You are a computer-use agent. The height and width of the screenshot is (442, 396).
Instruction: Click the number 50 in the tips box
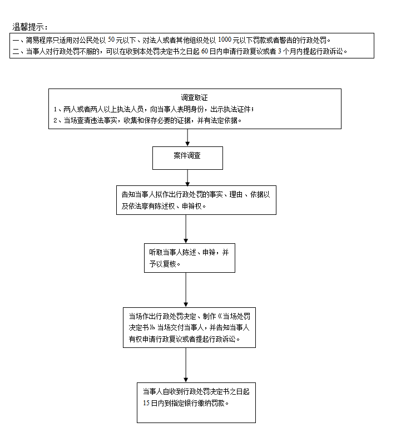(111, 40)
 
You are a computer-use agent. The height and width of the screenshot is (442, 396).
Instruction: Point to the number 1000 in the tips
(225, 40)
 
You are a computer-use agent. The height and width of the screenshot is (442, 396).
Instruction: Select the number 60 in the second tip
(205, 51)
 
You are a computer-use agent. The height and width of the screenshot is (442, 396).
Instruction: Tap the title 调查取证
(194, 97)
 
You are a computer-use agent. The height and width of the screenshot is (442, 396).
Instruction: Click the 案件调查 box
(187, 158)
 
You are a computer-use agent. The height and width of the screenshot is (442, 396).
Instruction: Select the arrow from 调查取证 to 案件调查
(187, 137)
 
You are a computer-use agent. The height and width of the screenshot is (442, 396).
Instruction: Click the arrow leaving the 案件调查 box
(187, 178)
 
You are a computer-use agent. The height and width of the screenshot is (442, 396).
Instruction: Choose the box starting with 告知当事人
(196, 200)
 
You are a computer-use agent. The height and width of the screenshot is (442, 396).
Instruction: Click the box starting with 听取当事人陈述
(190, 258)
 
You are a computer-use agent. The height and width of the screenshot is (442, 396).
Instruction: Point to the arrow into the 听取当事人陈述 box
(186, 229)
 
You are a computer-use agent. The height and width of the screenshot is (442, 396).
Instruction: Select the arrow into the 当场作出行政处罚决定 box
(186, 290)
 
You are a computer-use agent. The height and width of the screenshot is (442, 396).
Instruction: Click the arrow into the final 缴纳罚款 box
(186, 365)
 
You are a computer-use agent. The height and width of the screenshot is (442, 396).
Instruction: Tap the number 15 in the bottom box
(146, 403)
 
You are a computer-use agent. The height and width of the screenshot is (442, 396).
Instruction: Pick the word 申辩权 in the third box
(192, 206)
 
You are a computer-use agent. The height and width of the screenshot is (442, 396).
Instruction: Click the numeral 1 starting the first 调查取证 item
(55, 109)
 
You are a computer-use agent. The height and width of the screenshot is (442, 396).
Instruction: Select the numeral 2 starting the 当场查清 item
(56, 120)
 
